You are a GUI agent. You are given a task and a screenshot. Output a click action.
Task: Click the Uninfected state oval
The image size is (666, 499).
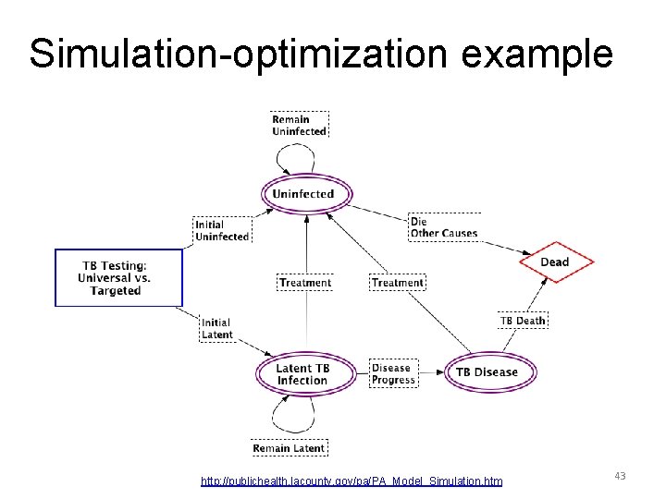tap(302, 194)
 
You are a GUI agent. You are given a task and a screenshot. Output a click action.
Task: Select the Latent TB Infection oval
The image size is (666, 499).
tap(302, 373)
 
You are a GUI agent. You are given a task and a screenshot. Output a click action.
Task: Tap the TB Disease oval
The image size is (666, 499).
tap(487, 372)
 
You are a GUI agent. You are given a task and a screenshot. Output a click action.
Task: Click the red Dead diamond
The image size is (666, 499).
tap(554, 262)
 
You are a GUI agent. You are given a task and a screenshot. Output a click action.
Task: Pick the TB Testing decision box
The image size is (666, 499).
tap(118, 277)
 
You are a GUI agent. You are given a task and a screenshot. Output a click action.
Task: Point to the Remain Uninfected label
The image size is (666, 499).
tap(299, 125)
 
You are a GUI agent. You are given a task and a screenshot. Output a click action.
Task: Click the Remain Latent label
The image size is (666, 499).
tap(289, 448)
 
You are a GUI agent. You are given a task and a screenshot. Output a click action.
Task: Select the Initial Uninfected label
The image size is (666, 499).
tap(222, 231)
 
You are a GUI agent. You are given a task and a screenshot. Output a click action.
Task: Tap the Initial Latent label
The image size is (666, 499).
tap(216, 328)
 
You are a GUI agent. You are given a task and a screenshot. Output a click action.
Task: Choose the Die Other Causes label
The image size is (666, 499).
tap(444, 227)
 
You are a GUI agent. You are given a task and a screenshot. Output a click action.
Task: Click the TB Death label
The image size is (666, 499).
tap(523, 321)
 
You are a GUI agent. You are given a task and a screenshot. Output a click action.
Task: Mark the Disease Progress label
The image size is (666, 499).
tap(392, 373)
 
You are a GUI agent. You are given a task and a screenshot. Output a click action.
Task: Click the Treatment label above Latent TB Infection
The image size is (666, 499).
tap(304, 282)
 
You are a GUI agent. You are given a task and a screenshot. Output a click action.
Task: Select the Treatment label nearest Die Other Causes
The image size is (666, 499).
tap(398, 282)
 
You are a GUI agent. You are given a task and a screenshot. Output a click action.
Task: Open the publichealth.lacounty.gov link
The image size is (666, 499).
tap(351, 481)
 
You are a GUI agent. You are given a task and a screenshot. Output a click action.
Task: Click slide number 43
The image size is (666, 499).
tap(620, 476)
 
